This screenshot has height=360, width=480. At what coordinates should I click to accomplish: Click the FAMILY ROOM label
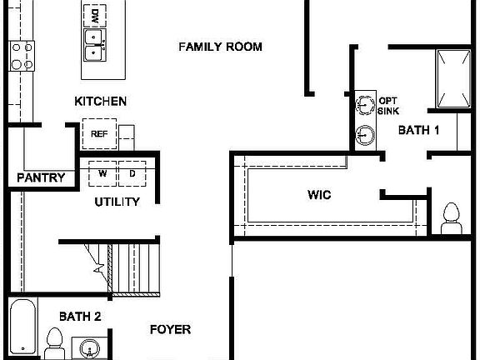220,47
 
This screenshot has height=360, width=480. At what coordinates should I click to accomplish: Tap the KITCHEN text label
101,102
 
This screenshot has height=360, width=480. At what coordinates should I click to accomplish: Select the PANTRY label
41,177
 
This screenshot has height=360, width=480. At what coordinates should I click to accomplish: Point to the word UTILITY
117,202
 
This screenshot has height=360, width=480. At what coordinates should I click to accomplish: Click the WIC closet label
319,195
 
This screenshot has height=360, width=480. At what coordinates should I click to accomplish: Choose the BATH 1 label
418,130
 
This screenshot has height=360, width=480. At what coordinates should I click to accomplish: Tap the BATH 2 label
80,317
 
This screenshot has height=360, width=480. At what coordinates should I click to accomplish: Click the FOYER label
170,329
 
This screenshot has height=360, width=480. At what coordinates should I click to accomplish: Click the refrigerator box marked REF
99,133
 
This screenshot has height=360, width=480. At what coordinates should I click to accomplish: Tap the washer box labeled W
103,172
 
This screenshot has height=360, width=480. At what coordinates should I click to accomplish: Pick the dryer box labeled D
132,172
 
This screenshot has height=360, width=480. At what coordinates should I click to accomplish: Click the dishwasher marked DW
95,15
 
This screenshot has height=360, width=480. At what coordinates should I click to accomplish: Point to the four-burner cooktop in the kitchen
22,56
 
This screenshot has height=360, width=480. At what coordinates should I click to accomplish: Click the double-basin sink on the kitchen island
94,44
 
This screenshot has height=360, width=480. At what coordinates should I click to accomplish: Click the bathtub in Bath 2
22,327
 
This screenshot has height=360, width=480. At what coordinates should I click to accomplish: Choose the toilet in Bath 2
55,342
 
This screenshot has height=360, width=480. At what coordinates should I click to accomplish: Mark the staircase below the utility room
125,266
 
